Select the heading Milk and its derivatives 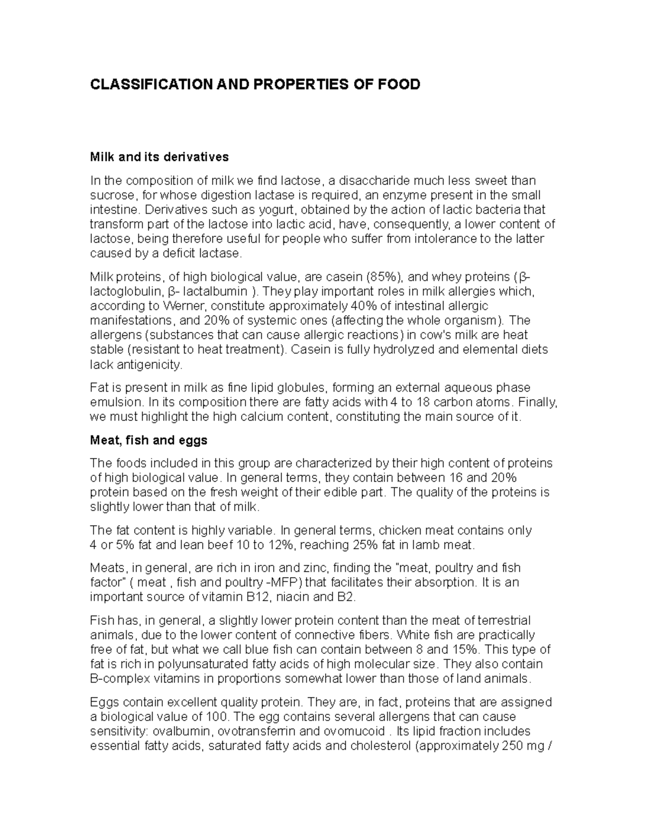[x=159, y=157]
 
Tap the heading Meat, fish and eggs [x=148, y=440]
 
